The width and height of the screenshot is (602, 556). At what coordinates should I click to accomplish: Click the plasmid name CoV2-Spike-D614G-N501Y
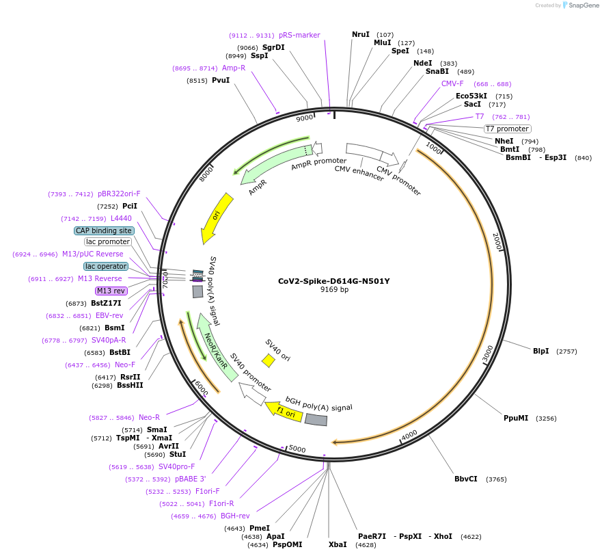334,281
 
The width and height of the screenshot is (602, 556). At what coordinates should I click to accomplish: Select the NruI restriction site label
360,34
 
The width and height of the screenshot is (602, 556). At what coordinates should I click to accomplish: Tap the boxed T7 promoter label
508,129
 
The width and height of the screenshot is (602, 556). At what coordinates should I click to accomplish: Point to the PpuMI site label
516,418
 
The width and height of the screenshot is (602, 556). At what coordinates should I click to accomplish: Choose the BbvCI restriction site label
466,479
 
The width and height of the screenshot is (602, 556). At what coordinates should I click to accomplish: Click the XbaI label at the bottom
338,544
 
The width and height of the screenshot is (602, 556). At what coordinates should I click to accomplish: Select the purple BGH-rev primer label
235,516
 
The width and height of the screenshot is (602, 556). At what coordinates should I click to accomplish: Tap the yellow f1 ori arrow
284,412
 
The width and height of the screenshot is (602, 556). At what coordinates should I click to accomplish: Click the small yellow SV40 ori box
269,360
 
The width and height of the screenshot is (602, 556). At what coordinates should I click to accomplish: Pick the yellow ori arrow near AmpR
217,217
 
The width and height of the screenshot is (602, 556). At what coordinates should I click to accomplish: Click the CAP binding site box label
104,230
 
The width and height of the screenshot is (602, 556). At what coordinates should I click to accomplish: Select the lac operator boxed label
106,266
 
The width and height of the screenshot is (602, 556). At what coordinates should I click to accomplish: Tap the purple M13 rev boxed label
111,291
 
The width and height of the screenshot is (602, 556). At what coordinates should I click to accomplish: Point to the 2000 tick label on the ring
497,241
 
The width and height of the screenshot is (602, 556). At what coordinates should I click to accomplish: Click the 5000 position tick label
297,449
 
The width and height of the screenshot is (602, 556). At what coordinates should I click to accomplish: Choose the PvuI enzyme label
221,81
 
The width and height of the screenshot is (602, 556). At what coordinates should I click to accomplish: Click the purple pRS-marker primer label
299,35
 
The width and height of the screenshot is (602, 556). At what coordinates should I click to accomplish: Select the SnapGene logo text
582,5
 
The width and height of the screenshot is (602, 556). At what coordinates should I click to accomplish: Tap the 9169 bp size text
334,289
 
